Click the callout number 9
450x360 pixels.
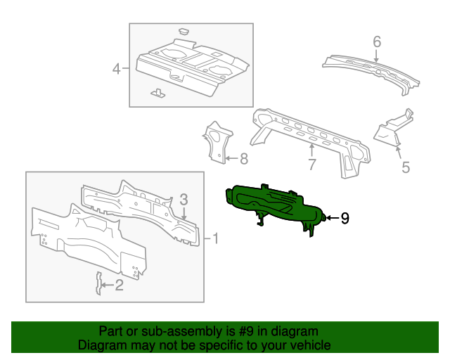pyautogui.click(x=345, y=219)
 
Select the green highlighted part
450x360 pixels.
pyautogui.click(x=274, y=204)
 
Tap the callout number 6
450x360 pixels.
pyautogui.click(x=377, y=42)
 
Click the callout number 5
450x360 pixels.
pyautogui.click(x=405, y=167)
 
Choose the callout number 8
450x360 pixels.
pyautogui.click(x=244, y=160)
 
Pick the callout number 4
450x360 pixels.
pyautogui.click(x=116, y=68)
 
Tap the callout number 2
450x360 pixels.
pyautogui.click(x=119, y=285)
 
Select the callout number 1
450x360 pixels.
pyautogui.click(x=215, y=239)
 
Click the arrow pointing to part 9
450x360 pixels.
pyautogui.click(x=330, y=219)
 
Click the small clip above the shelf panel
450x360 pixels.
pyautogui.click(x=184, y=31)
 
